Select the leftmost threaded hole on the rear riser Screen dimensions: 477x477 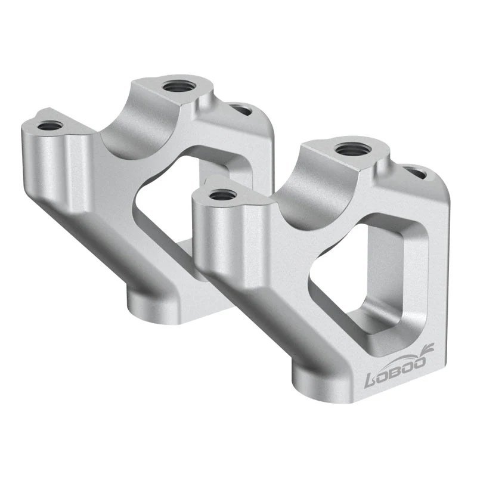tap(49, 126)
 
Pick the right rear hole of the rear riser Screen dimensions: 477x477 tap(241, 110)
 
